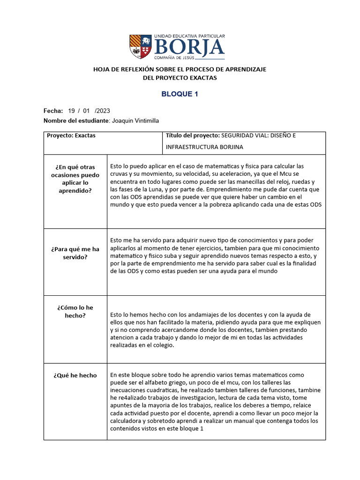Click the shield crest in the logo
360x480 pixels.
(141, 46)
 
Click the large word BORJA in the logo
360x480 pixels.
(189, 47)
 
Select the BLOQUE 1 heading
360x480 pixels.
(180, 94)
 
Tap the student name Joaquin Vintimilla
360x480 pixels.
(135, 120)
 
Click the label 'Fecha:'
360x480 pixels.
(53, 111)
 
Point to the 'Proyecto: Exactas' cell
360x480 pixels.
(71, 135)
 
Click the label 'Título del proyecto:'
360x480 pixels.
(193, 135)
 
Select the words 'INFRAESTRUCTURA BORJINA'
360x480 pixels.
(204, 147)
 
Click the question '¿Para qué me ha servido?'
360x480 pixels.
(75, 253)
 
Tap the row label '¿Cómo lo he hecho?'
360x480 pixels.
(75, 311)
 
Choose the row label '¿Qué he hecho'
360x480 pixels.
(75, 375)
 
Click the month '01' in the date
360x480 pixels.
(86, 111)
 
